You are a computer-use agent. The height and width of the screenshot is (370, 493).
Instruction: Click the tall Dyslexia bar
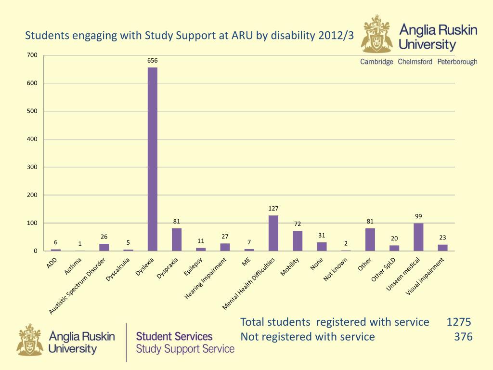pyautogui.click(x=152, y=159)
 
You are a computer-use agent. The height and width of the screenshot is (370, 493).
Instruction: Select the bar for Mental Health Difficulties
pyautogui.click(x=273, y=233)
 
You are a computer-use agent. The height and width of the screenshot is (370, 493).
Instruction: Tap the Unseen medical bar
pyautogui.click(x=418, y=237)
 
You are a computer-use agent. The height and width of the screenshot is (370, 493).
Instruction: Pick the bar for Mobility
pyautogui.click(x=298, y=241)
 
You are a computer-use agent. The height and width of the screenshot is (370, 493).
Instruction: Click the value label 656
pyautogui.click(x=152, y=61)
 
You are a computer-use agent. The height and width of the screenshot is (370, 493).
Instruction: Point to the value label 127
pyautogui.click(x=273, y=209)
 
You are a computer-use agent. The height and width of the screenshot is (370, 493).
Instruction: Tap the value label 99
pyautogui.click(x=418, y=216)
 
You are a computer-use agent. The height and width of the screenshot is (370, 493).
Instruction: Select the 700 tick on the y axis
pyautogui.click(x=32, y=55)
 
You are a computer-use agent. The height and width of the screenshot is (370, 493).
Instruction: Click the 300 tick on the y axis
pyautogui.click(x=32, y=167)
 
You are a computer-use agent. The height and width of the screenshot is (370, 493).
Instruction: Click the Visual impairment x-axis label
pyautogui.click(x=425, y=276)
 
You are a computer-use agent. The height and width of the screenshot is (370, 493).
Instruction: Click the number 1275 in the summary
pyautogui.click(x=458, y=322)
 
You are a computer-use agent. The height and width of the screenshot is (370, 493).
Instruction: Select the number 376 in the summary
pyautogui.click(x=463, y=337)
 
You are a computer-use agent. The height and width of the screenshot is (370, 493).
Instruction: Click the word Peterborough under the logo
pyautogui.click(x=457, y=62)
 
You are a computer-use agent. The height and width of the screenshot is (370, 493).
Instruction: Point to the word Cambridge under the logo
pyautogui.click(x=377, y=62)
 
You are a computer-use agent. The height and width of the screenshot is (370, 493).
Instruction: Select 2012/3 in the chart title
pyautogui.click(x=332, y=36)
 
